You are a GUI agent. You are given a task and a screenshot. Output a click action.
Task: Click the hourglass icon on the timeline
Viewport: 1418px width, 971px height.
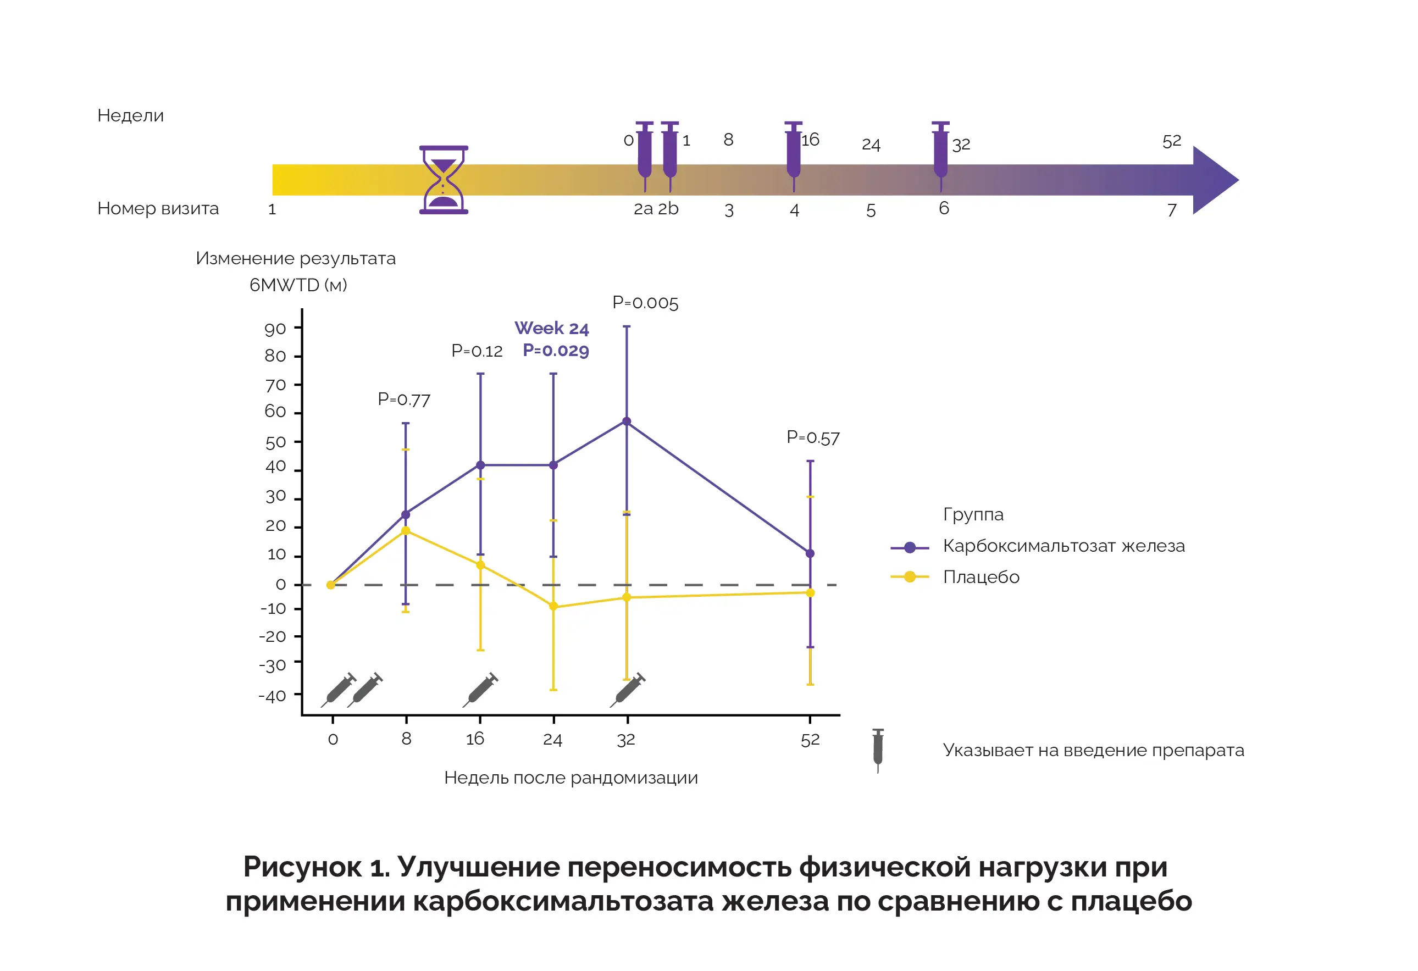(444, 180)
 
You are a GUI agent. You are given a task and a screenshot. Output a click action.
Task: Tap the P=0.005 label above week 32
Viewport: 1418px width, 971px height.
(645, 303)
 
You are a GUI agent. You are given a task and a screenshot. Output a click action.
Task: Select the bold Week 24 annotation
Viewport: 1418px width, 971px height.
(552, 328)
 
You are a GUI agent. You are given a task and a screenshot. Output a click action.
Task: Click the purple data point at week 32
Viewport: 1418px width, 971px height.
(627, 421)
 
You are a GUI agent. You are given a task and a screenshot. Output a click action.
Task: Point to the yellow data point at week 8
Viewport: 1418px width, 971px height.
(406, 531)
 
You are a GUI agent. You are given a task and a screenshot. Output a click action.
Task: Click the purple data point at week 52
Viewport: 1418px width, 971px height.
(810, 554)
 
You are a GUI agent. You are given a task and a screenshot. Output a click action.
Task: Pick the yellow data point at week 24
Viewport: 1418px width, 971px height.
(553, 606)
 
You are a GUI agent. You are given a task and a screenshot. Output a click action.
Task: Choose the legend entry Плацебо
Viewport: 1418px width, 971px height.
(981, 577)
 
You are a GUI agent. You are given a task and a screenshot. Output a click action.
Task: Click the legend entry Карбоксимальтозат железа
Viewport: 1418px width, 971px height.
(1063, 546)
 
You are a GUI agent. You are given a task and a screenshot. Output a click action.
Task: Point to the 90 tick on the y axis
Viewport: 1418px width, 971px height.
(275, 329)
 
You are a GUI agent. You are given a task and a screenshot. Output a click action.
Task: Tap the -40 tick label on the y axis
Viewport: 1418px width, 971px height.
(272, 696)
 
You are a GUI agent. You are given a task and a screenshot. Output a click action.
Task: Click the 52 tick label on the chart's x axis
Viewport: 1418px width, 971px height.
(810, 740)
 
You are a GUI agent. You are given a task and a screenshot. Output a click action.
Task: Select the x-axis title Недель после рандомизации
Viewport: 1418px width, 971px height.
(570, 778)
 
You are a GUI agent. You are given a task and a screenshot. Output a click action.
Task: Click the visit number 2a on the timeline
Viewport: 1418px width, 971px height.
(643, 209)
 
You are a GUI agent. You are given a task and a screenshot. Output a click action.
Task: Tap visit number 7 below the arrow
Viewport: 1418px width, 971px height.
(1171, 210)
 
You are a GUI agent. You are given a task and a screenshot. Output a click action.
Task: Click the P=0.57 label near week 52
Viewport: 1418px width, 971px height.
(813, 437)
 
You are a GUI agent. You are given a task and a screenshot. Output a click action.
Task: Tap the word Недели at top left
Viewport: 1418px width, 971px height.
(131, 115)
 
